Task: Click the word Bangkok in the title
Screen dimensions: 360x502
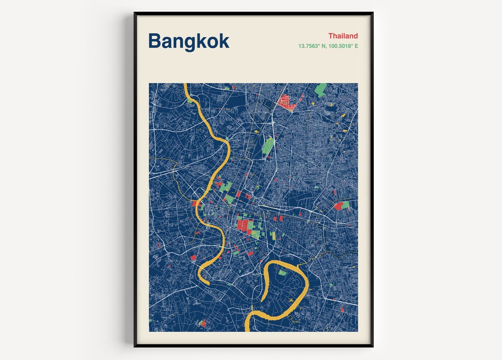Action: [188, 41]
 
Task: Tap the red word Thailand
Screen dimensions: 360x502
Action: [343, 36]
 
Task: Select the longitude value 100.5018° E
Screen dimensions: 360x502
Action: [343, 46]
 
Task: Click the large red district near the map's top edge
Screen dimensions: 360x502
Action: [287, 102]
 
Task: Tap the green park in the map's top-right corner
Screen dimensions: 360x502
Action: [320, 89]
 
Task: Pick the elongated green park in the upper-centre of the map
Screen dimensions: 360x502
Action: [268, 146]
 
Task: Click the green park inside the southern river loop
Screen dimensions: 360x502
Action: [282, 273]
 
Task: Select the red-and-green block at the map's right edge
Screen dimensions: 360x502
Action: [341, 206]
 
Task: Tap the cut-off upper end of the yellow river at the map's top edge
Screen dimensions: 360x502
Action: [185, 86]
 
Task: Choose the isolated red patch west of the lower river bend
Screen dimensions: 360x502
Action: [193, 257]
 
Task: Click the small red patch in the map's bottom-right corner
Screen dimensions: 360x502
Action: [342, 309]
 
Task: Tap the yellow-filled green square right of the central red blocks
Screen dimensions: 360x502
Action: [273, 235]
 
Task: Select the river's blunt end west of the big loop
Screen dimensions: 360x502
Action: [206, 282]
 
